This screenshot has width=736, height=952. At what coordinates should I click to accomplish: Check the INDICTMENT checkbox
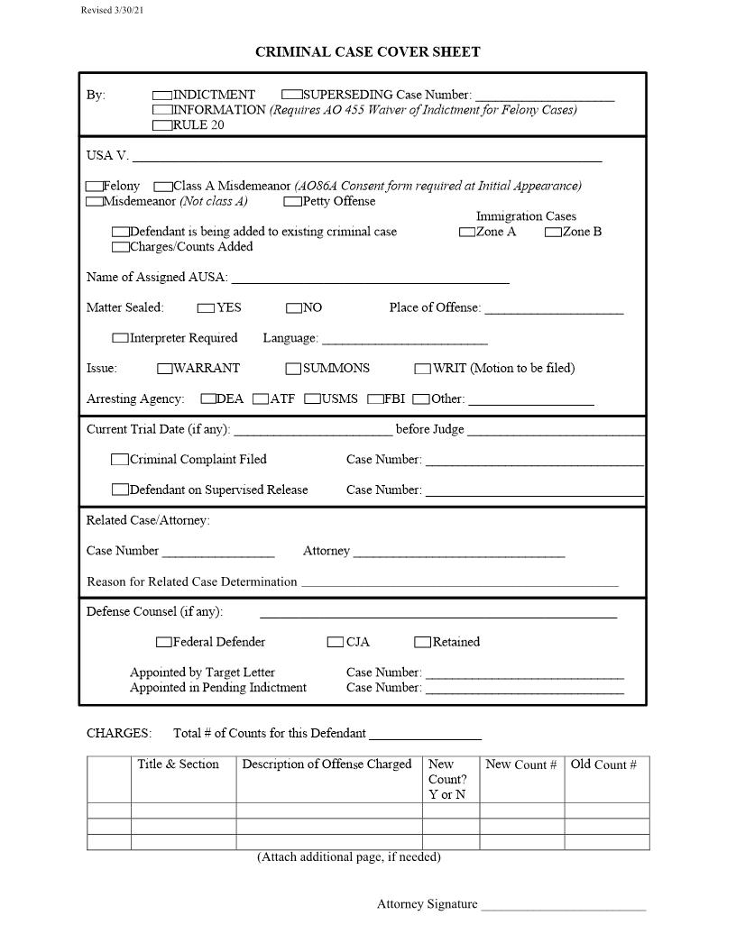pyautogui.click(x=162, y=95)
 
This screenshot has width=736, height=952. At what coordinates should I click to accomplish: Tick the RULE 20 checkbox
pyautogui.click(x=162, y=125)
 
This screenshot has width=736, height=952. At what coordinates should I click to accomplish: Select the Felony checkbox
pyautogui.click(x=94, y=187)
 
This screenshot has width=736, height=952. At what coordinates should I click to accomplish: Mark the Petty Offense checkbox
pyautogui.click(x=292, y=202)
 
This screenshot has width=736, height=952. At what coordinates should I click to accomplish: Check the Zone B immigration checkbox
pyautogui.click(x=553, y=233)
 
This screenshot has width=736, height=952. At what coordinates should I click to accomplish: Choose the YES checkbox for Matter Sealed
pyautogui.click(x=206, y=308)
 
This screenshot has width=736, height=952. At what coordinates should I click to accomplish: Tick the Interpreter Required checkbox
pyautogui.click(x=120, y=339)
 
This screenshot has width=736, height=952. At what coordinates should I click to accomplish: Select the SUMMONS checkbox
pyautogui.click(x=293, y=369)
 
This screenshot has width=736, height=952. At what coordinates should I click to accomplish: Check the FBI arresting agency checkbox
pyautogui.click(x=375, y=399)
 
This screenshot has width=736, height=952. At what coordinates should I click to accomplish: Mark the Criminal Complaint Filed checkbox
pyautogui.click(x=120, y=460)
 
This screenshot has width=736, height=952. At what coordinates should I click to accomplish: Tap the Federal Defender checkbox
pyautogui.click(x=163, y=643)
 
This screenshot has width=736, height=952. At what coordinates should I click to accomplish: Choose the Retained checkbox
pyautogui.click(x=422, y=643)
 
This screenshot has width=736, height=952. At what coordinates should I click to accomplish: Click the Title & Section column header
pyautogui.click(x=178, y=764)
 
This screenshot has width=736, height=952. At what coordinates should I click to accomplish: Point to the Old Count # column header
pyautogui.click(x=603, y=764)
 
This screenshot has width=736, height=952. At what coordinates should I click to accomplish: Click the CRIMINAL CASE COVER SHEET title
pyautogui.click(x=367, y=52)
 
